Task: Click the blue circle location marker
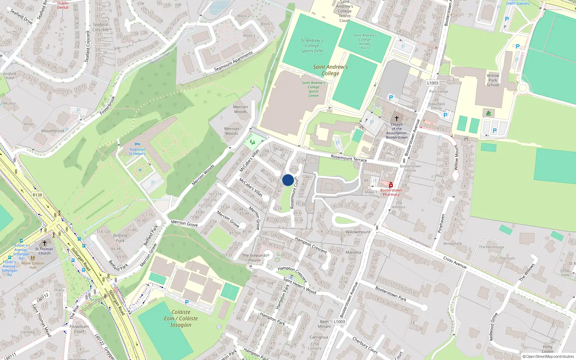[288, 180]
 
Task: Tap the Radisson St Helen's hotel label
[137, 152]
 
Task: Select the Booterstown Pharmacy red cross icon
[391, 185]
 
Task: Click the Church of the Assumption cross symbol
[397, 118]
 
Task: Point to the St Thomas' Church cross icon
[45, 243]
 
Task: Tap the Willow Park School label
[493, 80]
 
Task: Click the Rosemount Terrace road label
[348, 158]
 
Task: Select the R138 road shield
[37, 195]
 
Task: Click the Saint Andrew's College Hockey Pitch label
[365, 41]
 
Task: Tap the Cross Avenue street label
[455, 262]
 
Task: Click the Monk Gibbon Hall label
[33, 265]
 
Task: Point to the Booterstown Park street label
[391, 294]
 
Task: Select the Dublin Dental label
[63, 5]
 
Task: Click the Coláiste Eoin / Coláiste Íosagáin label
[181, 318]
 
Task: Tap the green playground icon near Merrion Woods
[252, 142]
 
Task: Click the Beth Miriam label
[324, 324]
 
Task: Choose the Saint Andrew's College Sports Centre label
[313, 89]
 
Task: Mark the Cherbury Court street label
[365, 345]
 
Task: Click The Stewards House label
[254, 257]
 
